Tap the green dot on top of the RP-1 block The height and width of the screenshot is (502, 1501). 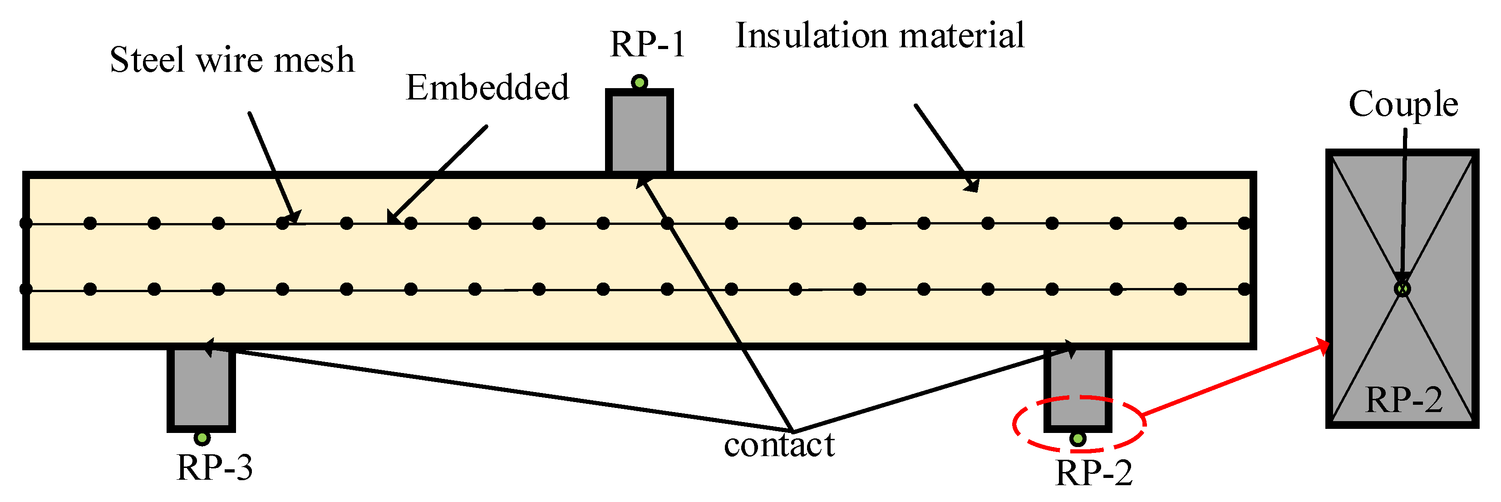[x=639, y=82]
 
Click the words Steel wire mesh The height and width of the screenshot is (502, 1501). [x=232, y=60]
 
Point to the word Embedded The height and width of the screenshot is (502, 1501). [x=487, y=88]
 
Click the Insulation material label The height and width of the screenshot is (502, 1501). [x=880, y=36]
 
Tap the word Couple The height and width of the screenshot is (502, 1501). [x=1403, y=104]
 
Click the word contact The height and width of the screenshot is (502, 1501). [x=779, y=446]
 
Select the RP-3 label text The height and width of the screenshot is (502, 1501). [x=214, y=467]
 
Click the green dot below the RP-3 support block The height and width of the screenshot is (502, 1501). [x=202, y=438]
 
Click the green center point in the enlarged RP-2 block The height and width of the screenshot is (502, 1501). [x=1403, y=288]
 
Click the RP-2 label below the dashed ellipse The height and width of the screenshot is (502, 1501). [x=1094, y=473]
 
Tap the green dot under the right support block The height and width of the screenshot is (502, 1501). [x=1078, y=438]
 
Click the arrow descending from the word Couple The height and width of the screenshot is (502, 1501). [x=1404, y=204]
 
